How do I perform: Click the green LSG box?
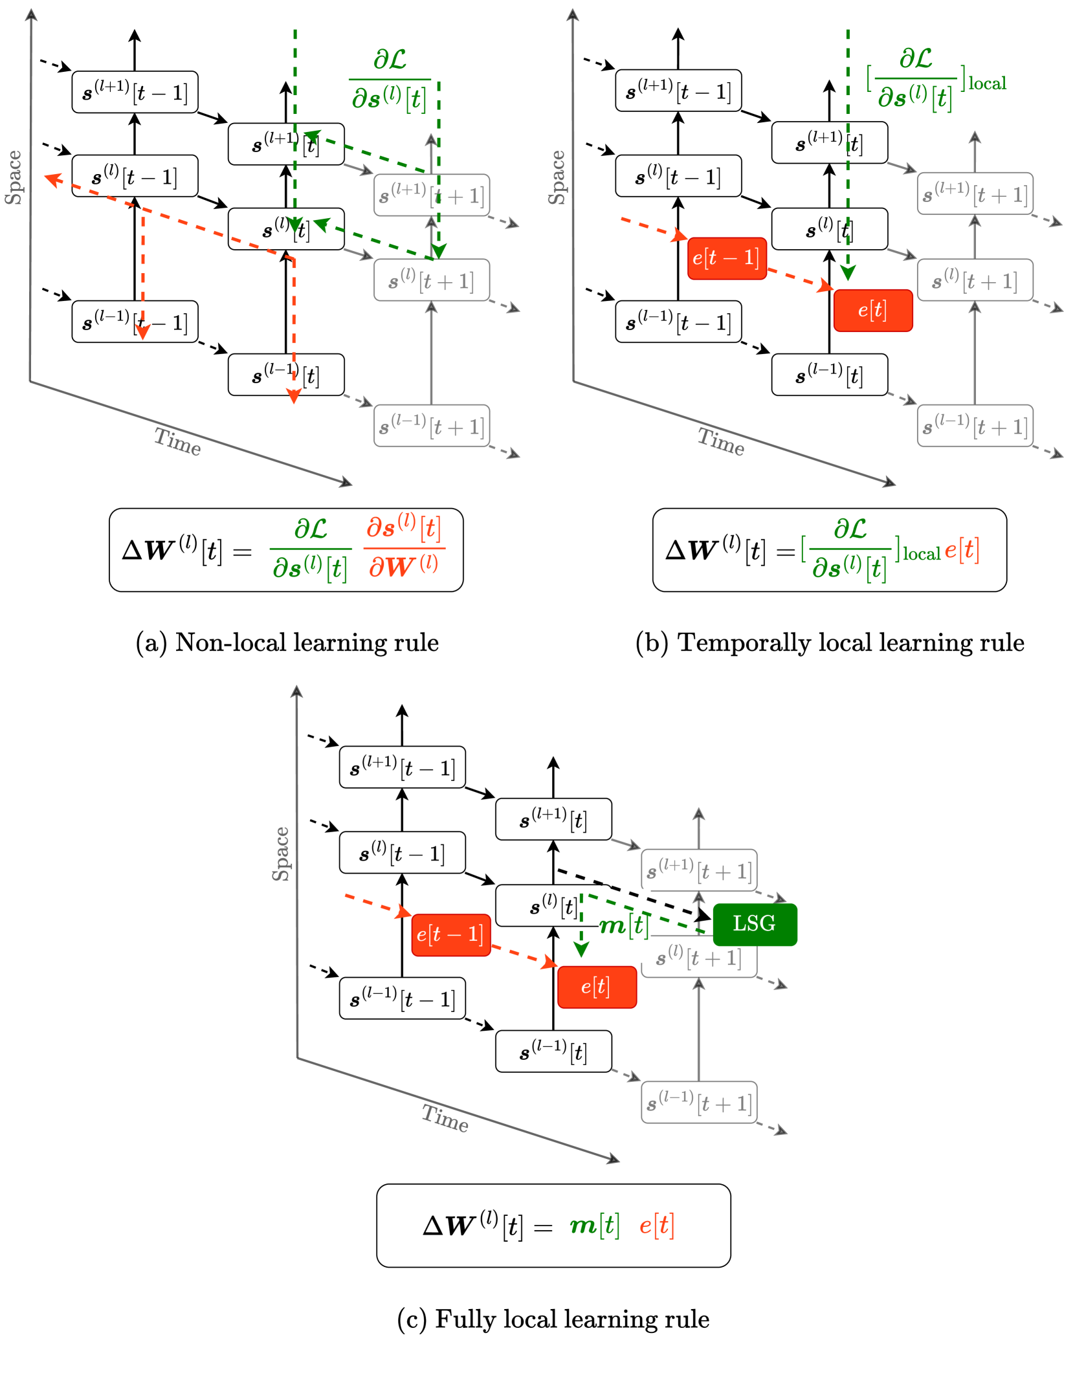click(755, 924)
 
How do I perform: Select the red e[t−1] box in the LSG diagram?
click(450, 934)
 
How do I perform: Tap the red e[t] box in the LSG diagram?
click(597, 987)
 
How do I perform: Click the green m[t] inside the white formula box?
click(594, 1225)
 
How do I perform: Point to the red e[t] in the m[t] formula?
click(656, 1225)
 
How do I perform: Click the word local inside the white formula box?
click(921, 555)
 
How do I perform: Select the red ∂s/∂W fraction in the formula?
click(404, 547)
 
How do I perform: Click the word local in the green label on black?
click(987, 84)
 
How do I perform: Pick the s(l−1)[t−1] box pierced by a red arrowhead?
click(135, 322)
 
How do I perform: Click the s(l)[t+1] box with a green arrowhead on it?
click(431, 280)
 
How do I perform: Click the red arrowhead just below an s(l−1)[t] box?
click(294, 397)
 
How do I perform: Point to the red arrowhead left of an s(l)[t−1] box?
click(53, 179)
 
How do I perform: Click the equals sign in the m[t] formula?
click(543, 1227)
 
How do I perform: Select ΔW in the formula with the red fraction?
click(149, 551)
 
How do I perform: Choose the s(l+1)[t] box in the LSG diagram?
click(553, 819)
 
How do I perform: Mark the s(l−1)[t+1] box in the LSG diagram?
click(699, 1102)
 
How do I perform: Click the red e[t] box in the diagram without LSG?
click(872, 311)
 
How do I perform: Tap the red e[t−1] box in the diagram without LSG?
click(726, 258)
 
